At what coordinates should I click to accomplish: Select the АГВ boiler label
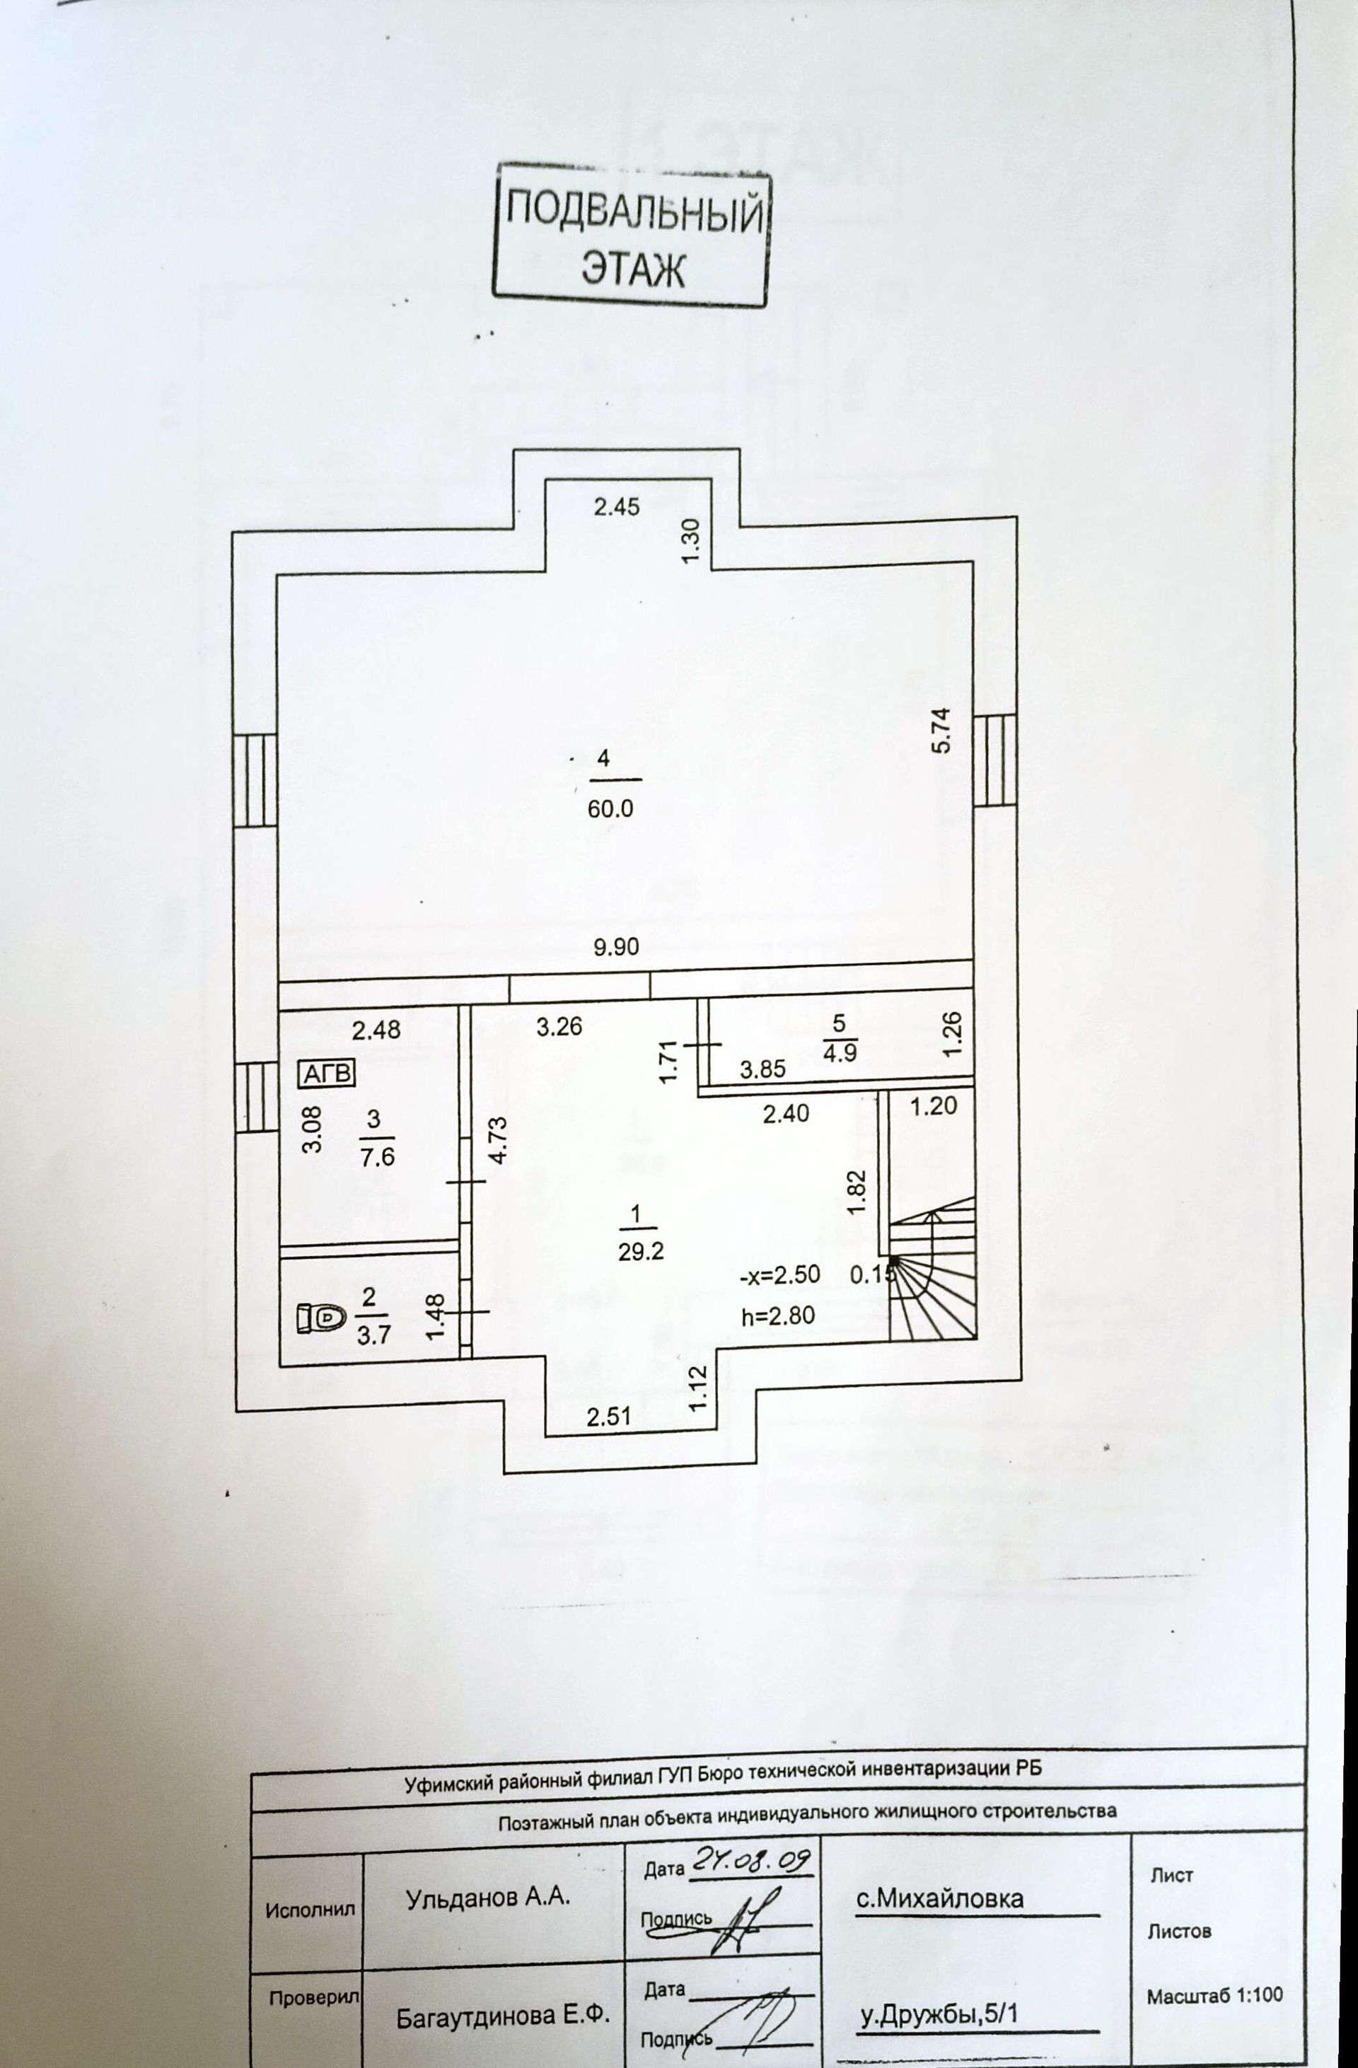[327, 1074]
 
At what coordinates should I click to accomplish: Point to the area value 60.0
[611, 809]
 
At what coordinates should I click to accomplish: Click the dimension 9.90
[616, 946]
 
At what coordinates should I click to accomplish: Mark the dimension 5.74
[942, 731]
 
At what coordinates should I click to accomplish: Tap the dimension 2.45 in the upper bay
[616, 506]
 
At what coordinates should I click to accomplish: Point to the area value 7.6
[377, 1156]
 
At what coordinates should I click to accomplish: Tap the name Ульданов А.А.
[487, 1898]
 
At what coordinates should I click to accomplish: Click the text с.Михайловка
[939, 1898]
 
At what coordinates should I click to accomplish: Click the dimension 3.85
[762, 1069]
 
